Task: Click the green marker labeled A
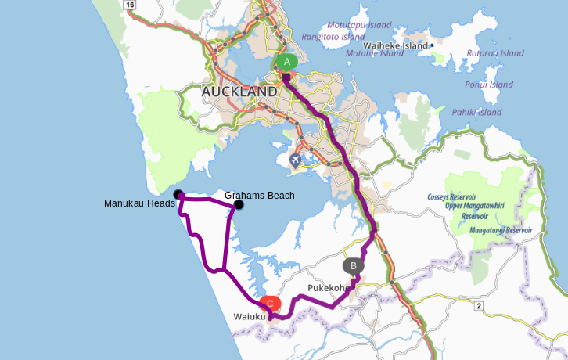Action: (286, 62)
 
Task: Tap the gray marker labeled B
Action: (354, 265)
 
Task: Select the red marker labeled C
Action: (270, 303)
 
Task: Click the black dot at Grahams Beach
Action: (239, 205)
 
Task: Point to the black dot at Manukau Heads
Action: (178, 194)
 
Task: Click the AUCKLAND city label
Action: (239, 92)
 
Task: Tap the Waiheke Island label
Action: (396, 45)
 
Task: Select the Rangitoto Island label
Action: (333, 37)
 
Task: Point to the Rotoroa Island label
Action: (494, 53)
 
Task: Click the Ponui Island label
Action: (488, 85)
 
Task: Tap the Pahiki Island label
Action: (476, 112)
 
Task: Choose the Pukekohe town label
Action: (328, 288)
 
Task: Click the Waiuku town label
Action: (250, 317)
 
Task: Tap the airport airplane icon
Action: (295, 160)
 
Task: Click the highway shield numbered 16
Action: (130, 5)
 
